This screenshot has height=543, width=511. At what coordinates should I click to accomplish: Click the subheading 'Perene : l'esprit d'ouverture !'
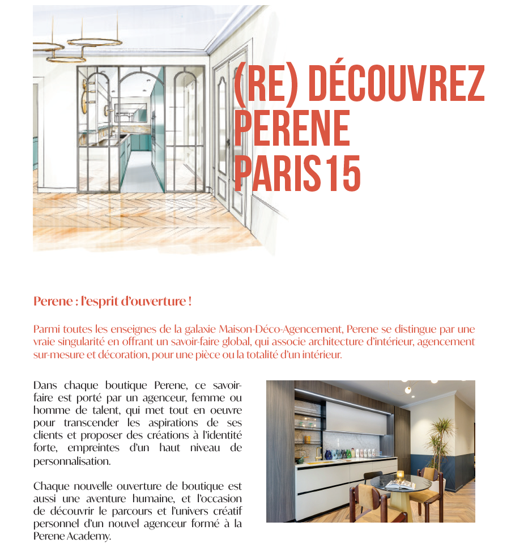[x=112, y=301]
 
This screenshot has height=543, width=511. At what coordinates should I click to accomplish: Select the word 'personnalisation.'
[x=71, y=461]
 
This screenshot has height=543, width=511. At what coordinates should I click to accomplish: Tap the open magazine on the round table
[x=400, y=485]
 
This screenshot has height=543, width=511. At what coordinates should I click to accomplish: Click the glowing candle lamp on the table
[x=400, y=475]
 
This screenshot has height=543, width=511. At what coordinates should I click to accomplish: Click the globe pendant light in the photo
[x=407, y=389]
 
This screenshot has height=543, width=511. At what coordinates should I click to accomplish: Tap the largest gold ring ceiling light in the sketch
[x=95, y=41]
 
